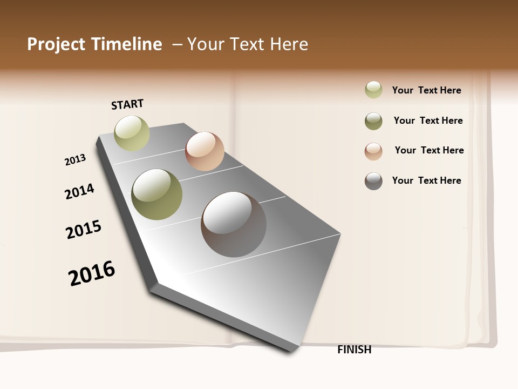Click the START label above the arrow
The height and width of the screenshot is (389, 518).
[x=127, y=104]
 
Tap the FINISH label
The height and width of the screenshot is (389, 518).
[x=355, y=350]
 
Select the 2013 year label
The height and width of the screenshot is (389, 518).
[x=75, y=160]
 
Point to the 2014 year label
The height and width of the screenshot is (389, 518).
[x=79, y=191]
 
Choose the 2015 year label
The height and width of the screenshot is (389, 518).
[x=84, y=230]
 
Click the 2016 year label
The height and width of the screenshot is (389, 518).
[x=92, y=273]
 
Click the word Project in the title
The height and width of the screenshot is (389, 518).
[x=57, y=44]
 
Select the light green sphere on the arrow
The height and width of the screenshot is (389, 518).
[x=132, y=133]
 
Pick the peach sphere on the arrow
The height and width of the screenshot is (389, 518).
[x=205, y=151]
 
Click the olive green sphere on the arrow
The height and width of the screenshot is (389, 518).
[x=157, y=194]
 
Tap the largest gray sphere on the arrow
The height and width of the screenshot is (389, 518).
[x=234, y=224]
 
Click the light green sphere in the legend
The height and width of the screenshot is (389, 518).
[x=373, y=90]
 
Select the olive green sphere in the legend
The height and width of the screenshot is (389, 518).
[x=373, y=121]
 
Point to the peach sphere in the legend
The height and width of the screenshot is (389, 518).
[x=373, y=151]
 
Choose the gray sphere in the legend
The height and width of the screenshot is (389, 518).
[x=373, y=181]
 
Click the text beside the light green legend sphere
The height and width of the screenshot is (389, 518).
[x=426, y=90]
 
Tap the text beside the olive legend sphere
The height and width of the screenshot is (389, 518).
[x=428, y=120]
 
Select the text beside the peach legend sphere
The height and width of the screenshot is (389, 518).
[x=429, y=150]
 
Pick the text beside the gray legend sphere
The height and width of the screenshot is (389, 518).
[x=426, y=180]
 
